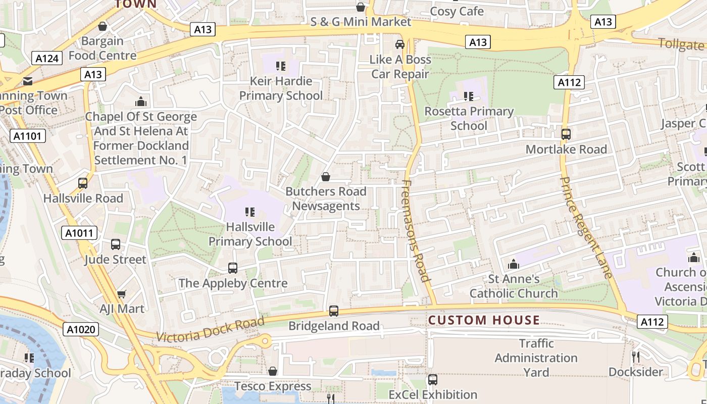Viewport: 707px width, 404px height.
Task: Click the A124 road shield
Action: click(x=47, y=58)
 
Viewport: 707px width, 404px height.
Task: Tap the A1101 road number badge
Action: click(x=28, y=136)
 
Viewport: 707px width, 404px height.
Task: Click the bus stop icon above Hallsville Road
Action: click(x=83, y=183)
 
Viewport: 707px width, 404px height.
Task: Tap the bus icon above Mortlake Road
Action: click(x=566, y=134)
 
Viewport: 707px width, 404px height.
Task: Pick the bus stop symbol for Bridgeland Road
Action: click(x=333, y=311)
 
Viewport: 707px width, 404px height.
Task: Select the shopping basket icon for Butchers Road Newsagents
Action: click(x=326, y=177)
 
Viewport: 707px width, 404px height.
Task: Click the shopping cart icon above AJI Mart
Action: click(x=121, y=294)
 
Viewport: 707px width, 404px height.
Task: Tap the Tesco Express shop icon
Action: click(x=273, y=372)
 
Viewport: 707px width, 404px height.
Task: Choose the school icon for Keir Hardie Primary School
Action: click(x=281, y=66)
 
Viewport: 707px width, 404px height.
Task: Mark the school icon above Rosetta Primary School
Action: click(x=469, y=96)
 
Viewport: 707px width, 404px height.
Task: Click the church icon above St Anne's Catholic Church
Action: click(x=514, y=264)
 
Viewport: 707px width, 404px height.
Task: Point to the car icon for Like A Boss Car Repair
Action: click(x=400, y=44)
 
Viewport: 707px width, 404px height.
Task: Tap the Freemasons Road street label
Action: click(x=417, y=231)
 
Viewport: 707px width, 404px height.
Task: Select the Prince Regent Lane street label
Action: click(x=586, y=227)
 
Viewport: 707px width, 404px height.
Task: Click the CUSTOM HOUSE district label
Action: click(x=484, y=320)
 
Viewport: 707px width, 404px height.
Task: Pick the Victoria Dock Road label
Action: click(x=210, y=330)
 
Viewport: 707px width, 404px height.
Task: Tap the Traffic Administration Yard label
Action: click(x=536, y=358)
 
